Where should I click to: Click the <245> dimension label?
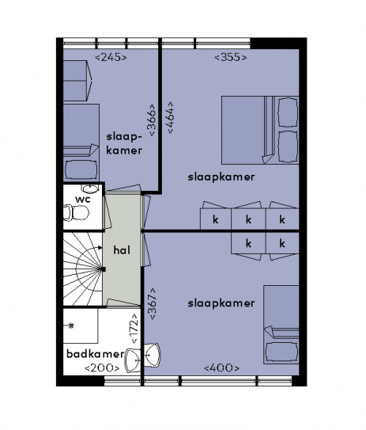pyautogui.click(x=111, y=57)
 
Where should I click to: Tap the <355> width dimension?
pyautogui.click(x=231, y=57)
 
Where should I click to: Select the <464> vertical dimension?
pyautogui.click(x=170, y=118)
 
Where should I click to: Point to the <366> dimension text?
pyautogui.click(x=152, y=120)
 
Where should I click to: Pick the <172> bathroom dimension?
pyautogui.click(x=134, y=329)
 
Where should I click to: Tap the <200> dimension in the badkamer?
pyautogui.click(x=102, y=368)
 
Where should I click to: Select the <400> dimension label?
pyautogui.click(x=222, y=368)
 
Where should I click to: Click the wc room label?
pyautogui.click(x=83, y=200)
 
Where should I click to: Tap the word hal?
pyautogui.click(x=122, y=250)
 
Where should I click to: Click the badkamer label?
pyautogui.click(x=96, y=354)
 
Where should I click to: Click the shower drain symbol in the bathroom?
pyautogui.click(x=71, y=325)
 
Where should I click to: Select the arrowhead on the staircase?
pyautogui.click(x=100, y=248)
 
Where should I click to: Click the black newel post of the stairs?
pyautogui.click(x=104, y=269)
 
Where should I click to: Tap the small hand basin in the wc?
pyautogui.click(x=90, y=188)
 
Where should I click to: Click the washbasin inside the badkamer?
pyautogui.click(x=133, y=360)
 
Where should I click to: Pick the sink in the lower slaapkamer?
pyautogui.click(x=153, y=355)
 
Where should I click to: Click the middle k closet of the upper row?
pyautogui.click(x=248, y=219)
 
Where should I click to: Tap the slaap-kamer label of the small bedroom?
pyautogui.click(x=124, y=143)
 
